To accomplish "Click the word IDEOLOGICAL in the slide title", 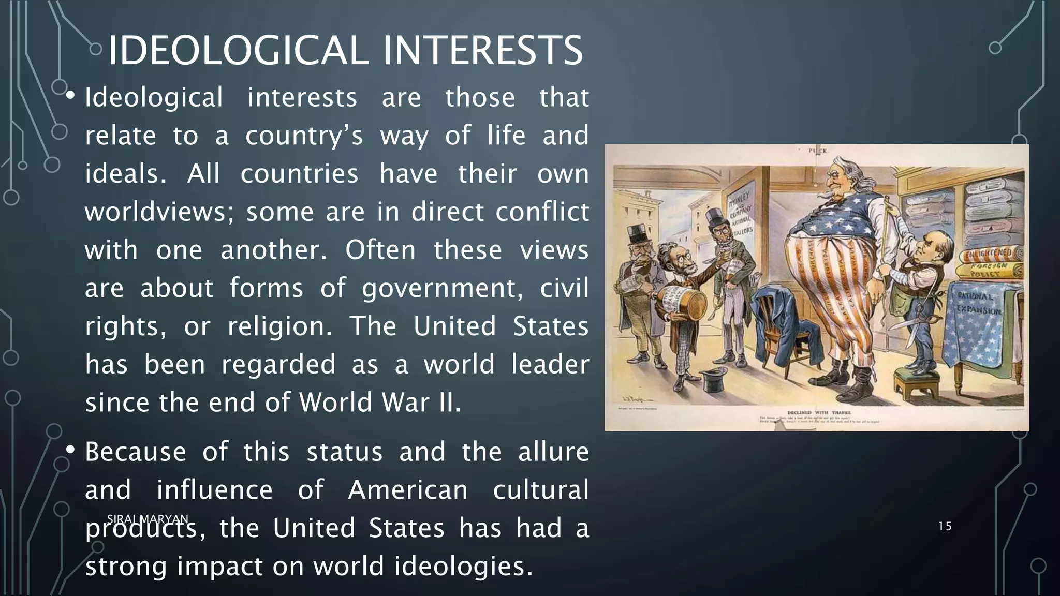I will (x=238, y=50).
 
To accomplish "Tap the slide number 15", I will (x=945, y=527).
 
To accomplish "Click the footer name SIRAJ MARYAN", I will (x=148, y=518).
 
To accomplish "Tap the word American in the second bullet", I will (x=408, y=490).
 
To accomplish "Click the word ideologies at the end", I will (x=464, y=566).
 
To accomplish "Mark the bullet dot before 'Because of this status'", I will (x=71, y=451).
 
